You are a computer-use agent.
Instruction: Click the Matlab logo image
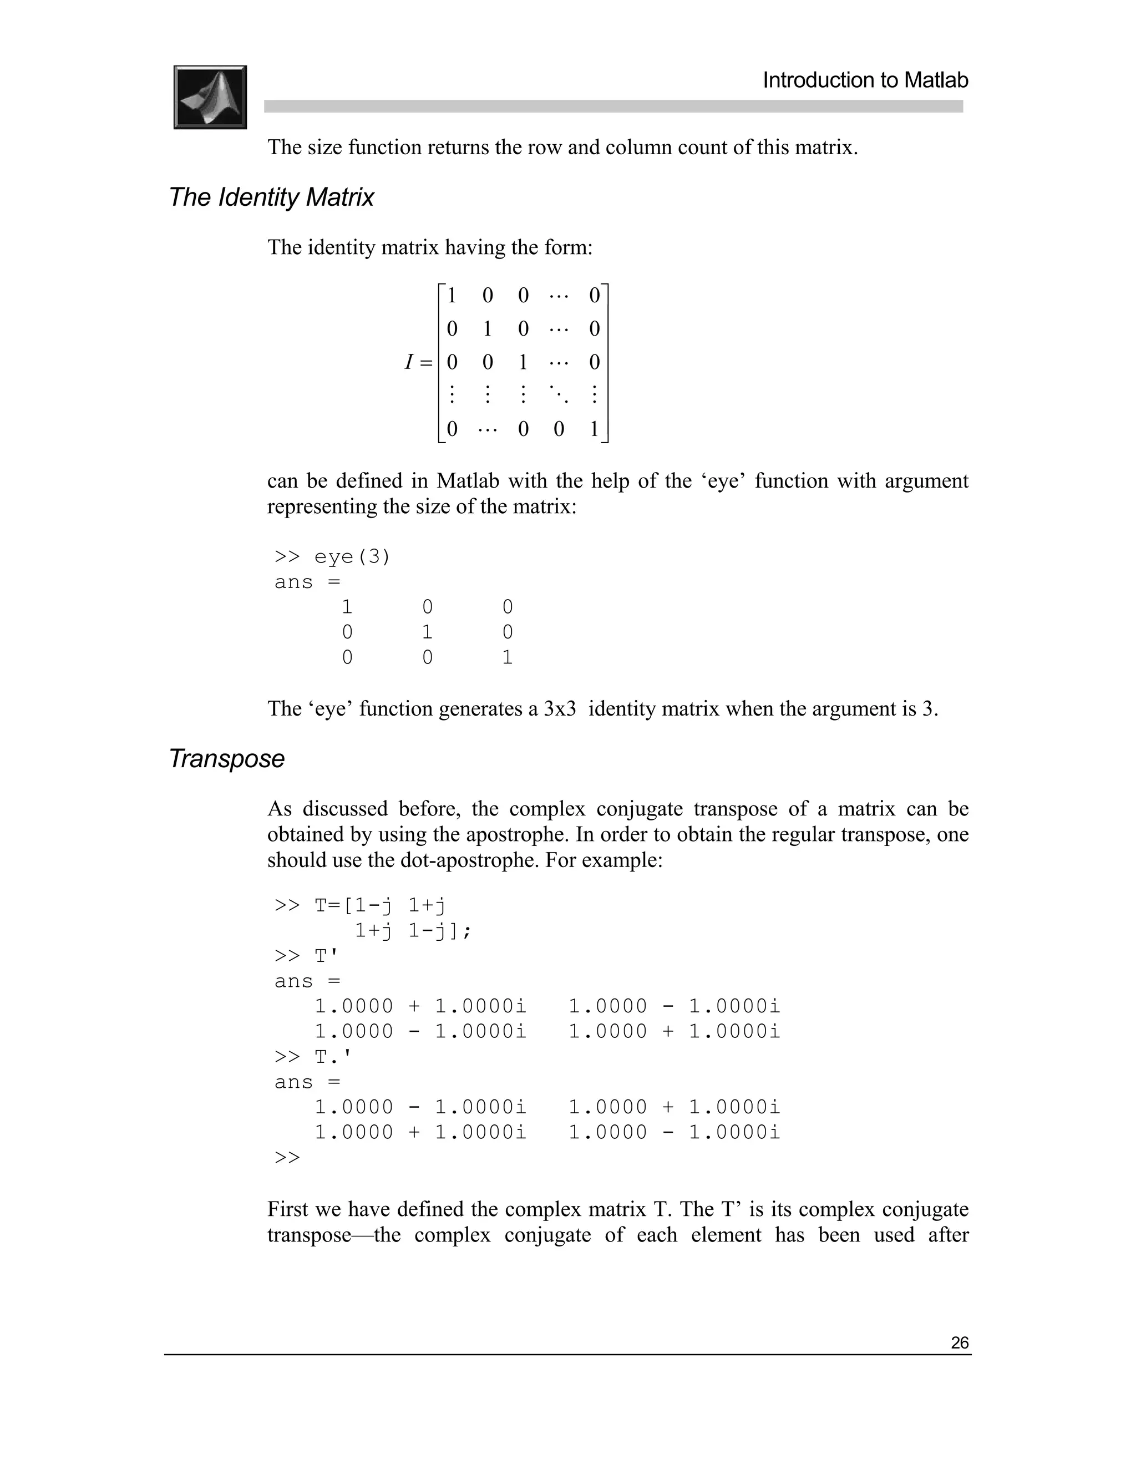[210, 97]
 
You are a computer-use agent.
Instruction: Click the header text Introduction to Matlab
[865, 80]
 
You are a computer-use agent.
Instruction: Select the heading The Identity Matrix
[271, 197]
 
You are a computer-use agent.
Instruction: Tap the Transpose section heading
[227, 758]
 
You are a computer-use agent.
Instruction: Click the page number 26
[959, 1343]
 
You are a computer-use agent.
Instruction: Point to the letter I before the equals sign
[408, 363]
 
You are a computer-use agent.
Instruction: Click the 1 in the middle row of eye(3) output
[427, 632]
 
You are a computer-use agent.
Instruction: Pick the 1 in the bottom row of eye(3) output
[508, 657]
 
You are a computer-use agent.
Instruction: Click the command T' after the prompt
[326, 956]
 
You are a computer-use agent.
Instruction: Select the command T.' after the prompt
[332, 1057]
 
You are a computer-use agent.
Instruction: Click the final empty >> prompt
[287, 1158]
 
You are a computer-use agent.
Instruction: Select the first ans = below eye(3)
[307, 582]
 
